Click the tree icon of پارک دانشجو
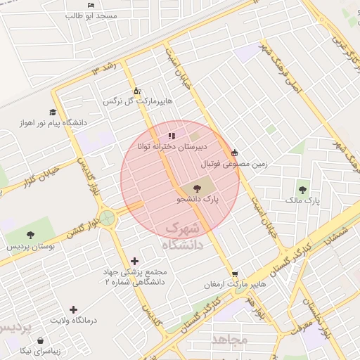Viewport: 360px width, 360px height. point(195,188)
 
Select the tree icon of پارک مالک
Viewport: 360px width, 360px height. point(302,189)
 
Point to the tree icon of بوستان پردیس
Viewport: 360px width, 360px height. point(30,235)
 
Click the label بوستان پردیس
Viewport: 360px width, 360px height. point(30,247)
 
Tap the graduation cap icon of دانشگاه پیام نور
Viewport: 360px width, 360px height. point(53,112)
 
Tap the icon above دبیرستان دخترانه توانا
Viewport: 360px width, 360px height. point(172,136)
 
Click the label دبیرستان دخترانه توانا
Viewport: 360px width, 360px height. point(172,148)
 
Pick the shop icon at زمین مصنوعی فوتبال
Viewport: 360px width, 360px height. point(234,153)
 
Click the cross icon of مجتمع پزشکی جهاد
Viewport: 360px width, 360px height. point(134,261)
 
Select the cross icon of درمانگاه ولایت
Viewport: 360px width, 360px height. point(74,309)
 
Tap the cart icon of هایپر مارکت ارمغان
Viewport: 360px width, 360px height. point(234,274)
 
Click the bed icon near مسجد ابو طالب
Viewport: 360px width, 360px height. point(90,5)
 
